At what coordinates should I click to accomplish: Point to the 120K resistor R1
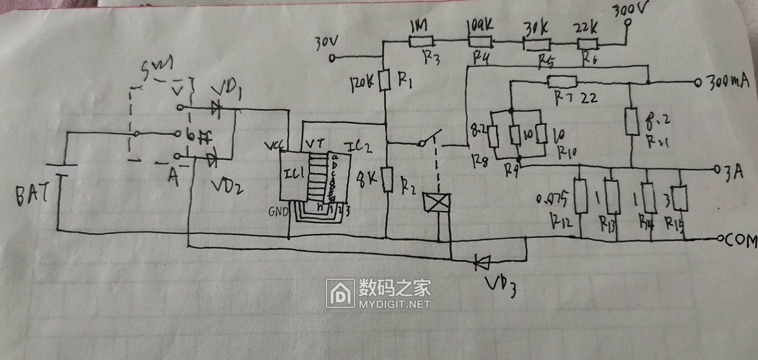coord(385,80)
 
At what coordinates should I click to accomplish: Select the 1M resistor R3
coord(421,41)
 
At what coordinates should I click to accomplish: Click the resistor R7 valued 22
coord(562,82)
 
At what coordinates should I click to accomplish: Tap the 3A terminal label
coord(732,171)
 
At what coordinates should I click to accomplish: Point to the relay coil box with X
coord(438,203)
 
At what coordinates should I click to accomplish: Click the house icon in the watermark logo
coord(341,293)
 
